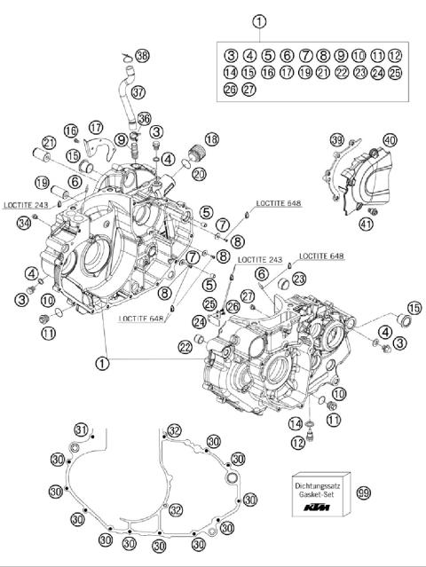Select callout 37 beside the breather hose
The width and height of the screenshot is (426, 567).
pyautogui.click(x=138, y=91)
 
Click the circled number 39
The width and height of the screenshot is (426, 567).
pyautogui.click(x=336, y=140)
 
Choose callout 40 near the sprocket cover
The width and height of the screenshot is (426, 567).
pyautogui.click(x=390, y=140)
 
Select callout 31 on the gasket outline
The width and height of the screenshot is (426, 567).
pyautogui.click(x=81, y=430)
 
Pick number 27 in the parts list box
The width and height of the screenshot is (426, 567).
pyautogui.click(x=248, y=89)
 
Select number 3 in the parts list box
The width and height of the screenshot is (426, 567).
pyautogui.click(x=230, y=55)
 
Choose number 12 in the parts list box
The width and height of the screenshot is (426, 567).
pyautogui.click(x=395, y=55)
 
